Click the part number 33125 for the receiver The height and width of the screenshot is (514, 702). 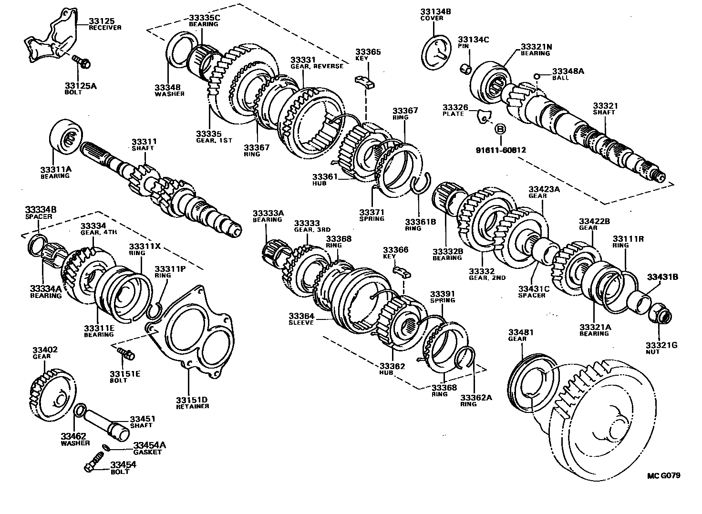point(100,21)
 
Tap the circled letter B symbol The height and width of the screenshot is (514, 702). point(500,129)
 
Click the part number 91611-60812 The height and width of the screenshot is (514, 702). point(500,150)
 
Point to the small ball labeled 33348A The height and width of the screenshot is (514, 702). point(537,76)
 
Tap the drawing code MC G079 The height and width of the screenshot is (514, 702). point(663,475)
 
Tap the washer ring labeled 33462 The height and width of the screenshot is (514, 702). point(81,411)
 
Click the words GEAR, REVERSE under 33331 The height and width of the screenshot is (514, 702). point(317,66)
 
